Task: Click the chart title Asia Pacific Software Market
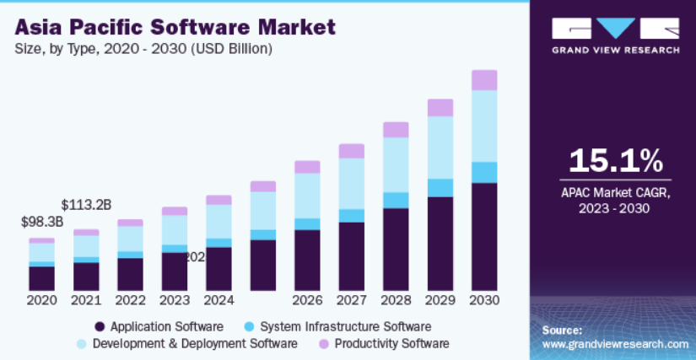(175, 27)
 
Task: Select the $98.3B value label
(42, 223)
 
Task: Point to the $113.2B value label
(86, 204)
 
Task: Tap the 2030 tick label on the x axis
(483, 300)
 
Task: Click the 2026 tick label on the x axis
(307, 300)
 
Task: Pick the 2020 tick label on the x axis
(42, 300)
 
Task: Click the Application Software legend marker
(100, 326)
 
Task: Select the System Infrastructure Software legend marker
(249, 326)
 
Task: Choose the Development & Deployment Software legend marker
(81, 344)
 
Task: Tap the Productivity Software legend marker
(323, 344)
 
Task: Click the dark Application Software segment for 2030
(483, 236)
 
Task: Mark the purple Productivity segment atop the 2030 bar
(483, 80)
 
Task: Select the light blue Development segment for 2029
(440, 148)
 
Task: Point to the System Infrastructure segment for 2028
(396, 200)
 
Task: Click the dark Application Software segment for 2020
(42, 278)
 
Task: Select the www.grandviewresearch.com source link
(615, 344)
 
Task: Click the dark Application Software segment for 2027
(352, 256)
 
